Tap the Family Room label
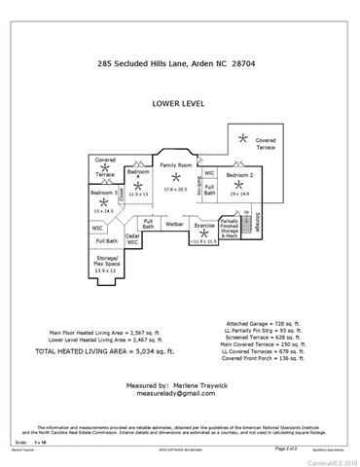pyautogui.click(x=176, y=165)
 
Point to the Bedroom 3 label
pyautogui.click(x=104, y=194)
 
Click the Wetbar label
pyautogui.click(x=175, y=224)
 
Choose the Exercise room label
pyautogui.click(x=204, y=225)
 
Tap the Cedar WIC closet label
pyautogui.click(x=134, y=238)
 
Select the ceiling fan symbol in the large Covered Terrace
pyautogui.click(x=244, y=137)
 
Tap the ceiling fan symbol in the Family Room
pyautogui.click(x=176, y=176)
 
